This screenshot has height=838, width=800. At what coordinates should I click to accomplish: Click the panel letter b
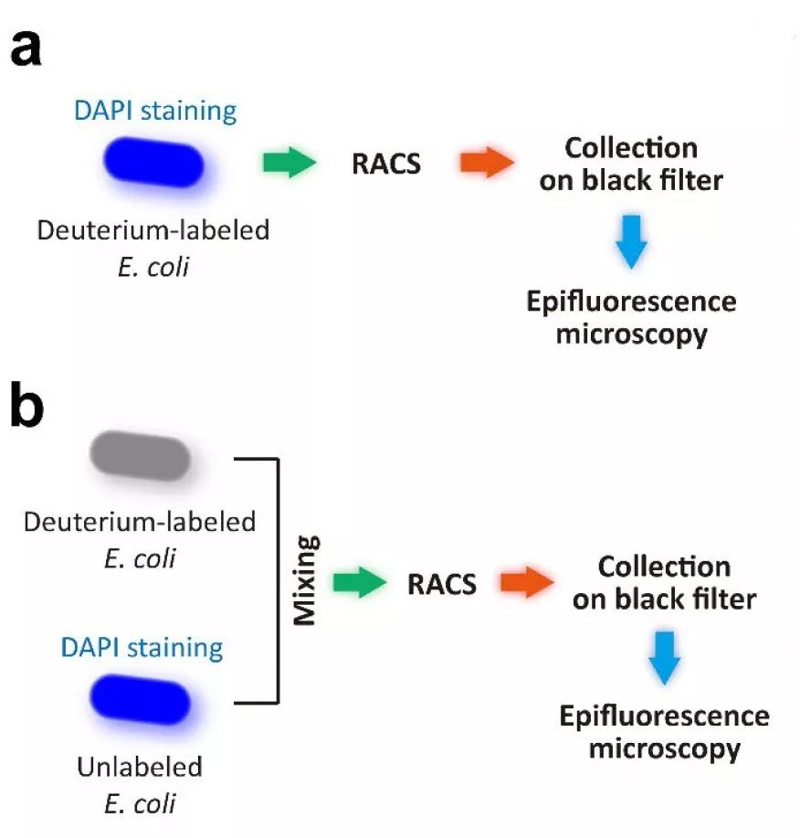pyautogui.click(x=26, y=408)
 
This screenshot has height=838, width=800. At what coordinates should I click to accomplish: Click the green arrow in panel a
pyautogui.click(x=289, y=164)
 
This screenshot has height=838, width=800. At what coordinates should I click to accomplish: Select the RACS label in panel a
pyautogui.click(x=387, y=164)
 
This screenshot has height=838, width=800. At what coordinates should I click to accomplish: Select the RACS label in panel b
pyautogui.click(x=443, y=584)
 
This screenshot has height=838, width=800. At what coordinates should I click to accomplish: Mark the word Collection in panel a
pyautogui.click(x=630, y=149)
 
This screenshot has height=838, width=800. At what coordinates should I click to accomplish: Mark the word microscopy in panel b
pyautogui.click(x=664, y=749)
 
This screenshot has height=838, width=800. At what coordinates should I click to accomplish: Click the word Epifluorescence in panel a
pyautogui.click(x=630, y=302)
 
